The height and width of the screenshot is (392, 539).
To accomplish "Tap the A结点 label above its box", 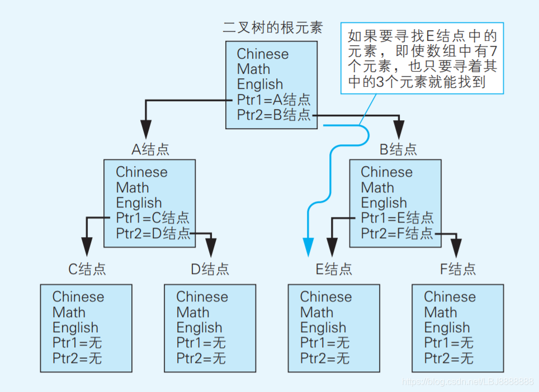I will pyautogui.click(x=150, y=149).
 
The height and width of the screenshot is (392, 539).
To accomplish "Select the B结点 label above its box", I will pyautogui.click(x=398, y=149).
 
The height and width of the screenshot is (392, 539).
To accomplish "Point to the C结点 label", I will pyautogui.click(x=87, y=269).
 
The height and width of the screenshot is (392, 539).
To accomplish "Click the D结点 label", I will pyautogui.click(x=210, y=269).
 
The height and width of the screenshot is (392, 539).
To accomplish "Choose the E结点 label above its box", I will pyautogui.click(x=334, y=269).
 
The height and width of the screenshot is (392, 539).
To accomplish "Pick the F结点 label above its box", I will pyautogui.click(x=458, y=269).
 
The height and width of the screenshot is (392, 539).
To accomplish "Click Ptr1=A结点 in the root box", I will pyautogui.click(x=273, y=100).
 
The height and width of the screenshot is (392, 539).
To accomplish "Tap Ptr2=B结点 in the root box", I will pyautogui.click(x=273, y=115).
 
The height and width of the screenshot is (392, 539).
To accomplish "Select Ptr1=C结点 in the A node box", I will pyautogui.click(x=153, y=218).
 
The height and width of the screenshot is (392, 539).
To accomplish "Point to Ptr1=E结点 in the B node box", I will pyautogui.click(x=397, y=218).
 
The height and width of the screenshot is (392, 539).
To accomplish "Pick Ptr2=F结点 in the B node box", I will pyautogui.click(x=397, y=233).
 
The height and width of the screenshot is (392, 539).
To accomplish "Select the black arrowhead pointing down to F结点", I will pyautogui.click(x=456, y=247).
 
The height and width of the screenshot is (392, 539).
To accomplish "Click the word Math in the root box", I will pyautogui.click(x=253, y=69).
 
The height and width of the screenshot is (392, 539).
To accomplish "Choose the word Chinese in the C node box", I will pyautogui.click(x=78, y=297).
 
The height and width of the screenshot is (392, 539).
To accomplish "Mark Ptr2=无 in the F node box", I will pyautogui.click(x=448, y=358).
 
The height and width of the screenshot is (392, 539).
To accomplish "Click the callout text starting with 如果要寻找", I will pyautogui.click(x=422, y=59).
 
